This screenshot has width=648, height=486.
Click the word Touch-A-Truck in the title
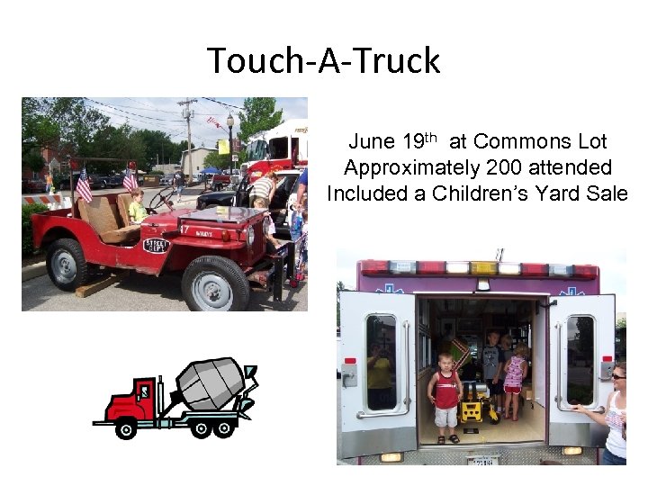pyautogui.click(x=324, y=61)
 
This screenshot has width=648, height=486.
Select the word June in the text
pyautogui.click(x=371, y=141)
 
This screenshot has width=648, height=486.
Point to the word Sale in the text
pyautogui.click(x=606, y=193)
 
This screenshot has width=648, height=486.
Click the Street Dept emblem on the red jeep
pyautogui.click(x=157, y=245)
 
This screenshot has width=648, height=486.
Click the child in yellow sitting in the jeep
pyautogui.click(x=137, y=206)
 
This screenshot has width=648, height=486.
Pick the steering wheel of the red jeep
pyautogui.click(x=163, y=198)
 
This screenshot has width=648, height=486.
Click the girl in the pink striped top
pyautogui.click(x=516, y=379)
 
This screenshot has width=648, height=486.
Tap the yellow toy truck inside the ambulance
pyautogui.click(x=472, y=409)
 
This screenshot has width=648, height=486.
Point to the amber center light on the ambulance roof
pyautogui.click(x=483, y=266)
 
